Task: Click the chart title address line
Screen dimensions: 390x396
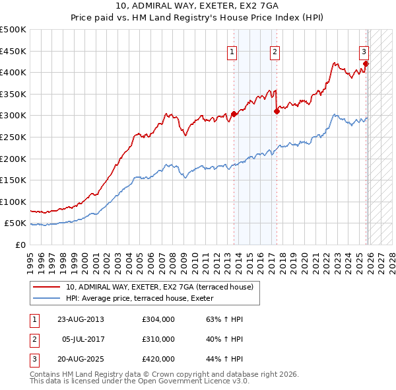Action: [198, 7]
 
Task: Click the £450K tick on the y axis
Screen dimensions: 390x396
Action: [13, 51]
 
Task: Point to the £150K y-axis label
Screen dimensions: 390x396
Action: [13, 180]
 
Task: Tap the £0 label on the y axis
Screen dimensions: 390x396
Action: [20, 245]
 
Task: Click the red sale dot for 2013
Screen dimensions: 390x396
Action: [234, 114]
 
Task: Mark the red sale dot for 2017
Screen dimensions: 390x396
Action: [277, 112]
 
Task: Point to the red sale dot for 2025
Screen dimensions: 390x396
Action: [366, 64]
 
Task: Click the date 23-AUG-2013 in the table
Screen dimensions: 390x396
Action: [81, 319]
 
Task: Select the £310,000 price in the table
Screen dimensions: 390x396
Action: [158, 339]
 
